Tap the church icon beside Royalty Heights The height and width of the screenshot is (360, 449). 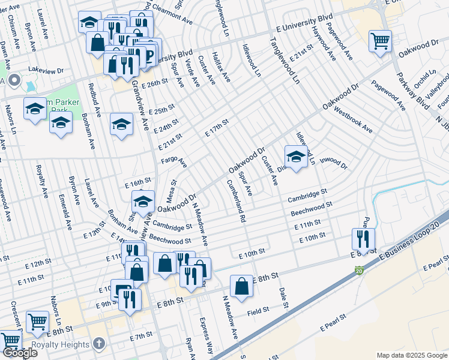coord(100,344)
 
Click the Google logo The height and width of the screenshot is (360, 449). coord(19,353)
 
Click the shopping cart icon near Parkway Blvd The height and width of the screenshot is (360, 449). coord(380,41)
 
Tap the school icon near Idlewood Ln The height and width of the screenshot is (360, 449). coord(295,157)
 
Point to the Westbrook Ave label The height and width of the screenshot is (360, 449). coord(354,120)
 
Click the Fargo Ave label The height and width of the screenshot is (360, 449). coord(173,162)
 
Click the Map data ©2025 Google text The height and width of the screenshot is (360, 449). coord(411,355)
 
